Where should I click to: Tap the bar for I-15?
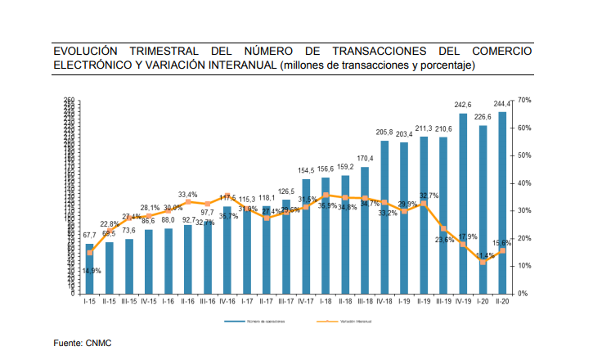tap(90, 268)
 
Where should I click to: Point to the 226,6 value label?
tap(483, 117)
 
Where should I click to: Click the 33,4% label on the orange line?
tap(187, 194)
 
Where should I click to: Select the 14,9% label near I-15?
tap(92, 271)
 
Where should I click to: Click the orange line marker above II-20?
tap(502, 250)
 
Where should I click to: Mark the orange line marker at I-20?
tap(483, 262)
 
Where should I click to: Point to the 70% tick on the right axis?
tap(524, 100)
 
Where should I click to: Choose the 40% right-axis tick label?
tap(524, 183)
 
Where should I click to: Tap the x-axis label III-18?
tap(364, 301)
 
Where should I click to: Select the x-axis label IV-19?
tap(463, 301)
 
